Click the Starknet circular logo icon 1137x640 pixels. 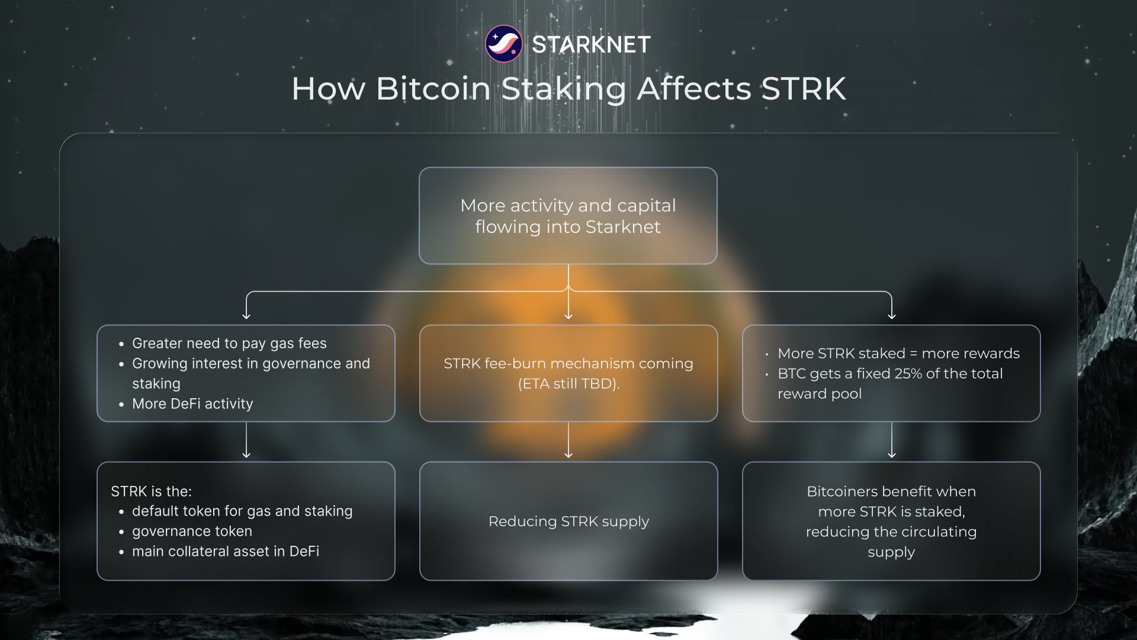[503, 44]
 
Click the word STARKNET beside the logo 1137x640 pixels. [591, 44]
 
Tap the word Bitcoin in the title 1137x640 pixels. [433, 89]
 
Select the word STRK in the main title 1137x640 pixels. [804, 89]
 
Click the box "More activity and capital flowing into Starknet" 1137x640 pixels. [568, 216]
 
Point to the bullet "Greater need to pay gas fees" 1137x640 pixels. [229, 343]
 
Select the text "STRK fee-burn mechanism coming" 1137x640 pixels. [568, 363]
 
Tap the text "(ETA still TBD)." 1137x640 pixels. [568, 383]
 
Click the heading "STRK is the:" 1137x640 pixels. [151, 491]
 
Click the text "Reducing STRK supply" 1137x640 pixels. [568, 521]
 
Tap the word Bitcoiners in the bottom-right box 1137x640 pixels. [847, 491]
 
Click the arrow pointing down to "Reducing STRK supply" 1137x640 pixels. [568, 440]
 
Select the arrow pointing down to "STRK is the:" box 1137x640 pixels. [246, 440]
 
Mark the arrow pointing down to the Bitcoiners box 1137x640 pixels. [892, 440]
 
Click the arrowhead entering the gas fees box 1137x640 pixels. [246, 316]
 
